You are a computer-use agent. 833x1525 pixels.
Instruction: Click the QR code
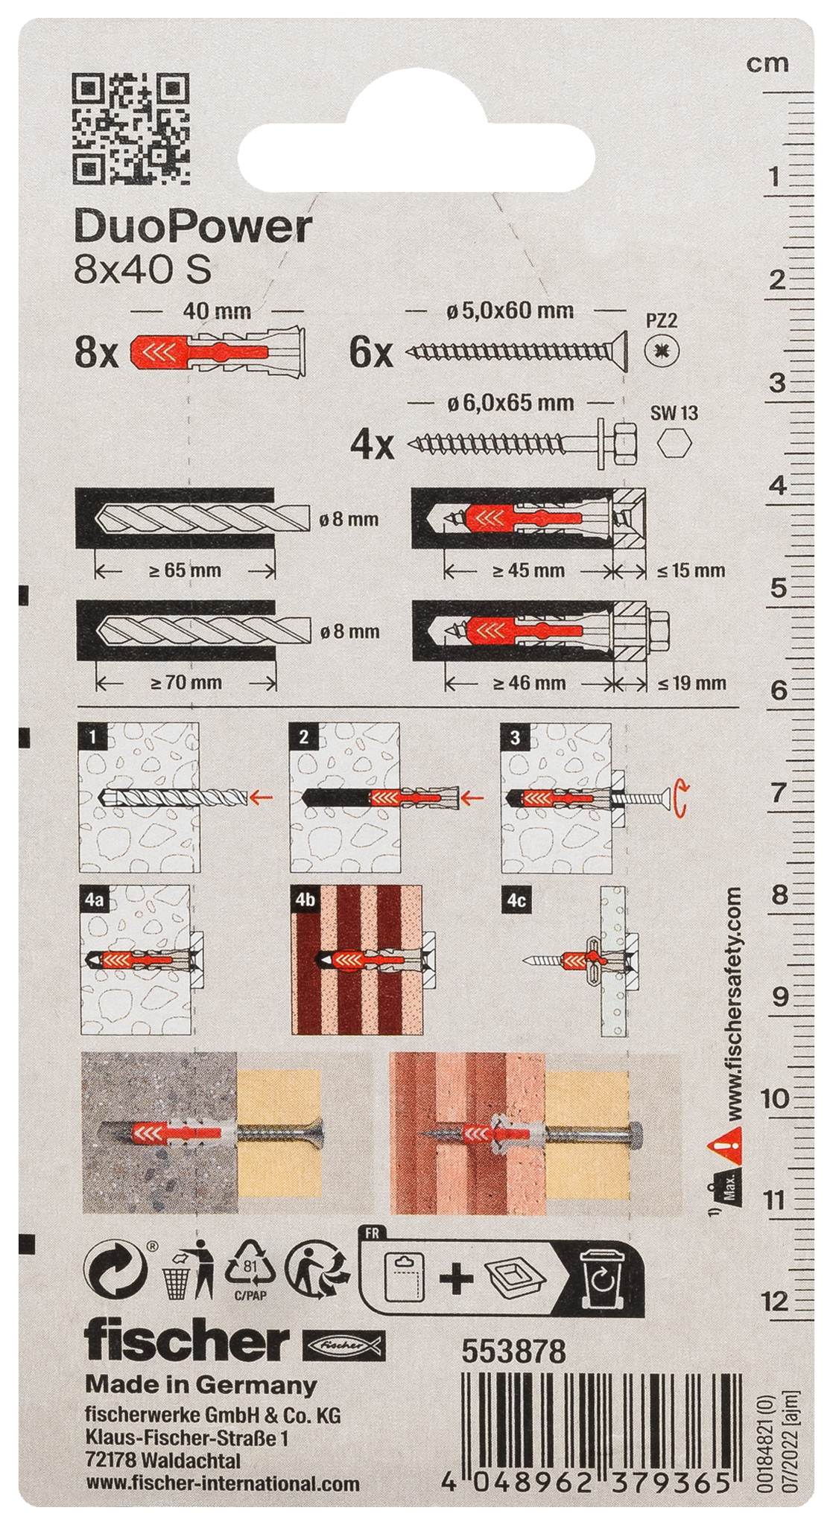click(130, 128)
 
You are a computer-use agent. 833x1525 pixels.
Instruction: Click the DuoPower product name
click(192, 227)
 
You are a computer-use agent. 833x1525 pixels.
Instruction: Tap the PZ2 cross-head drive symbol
click(662, 351)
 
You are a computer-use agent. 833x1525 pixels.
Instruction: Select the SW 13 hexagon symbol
click(675, 444)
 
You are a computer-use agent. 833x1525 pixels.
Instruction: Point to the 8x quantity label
click(96, 351)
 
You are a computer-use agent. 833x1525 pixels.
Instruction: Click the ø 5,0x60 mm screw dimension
click(510, 311)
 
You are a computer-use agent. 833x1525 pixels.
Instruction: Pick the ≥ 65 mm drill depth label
click(185, 570)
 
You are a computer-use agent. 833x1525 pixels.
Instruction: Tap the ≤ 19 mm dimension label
click(691, 682)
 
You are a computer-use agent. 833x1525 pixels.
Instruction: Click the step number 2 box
click(303, 736)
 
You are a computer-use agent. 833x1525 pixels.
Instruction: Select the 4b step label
click(305, 899)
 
